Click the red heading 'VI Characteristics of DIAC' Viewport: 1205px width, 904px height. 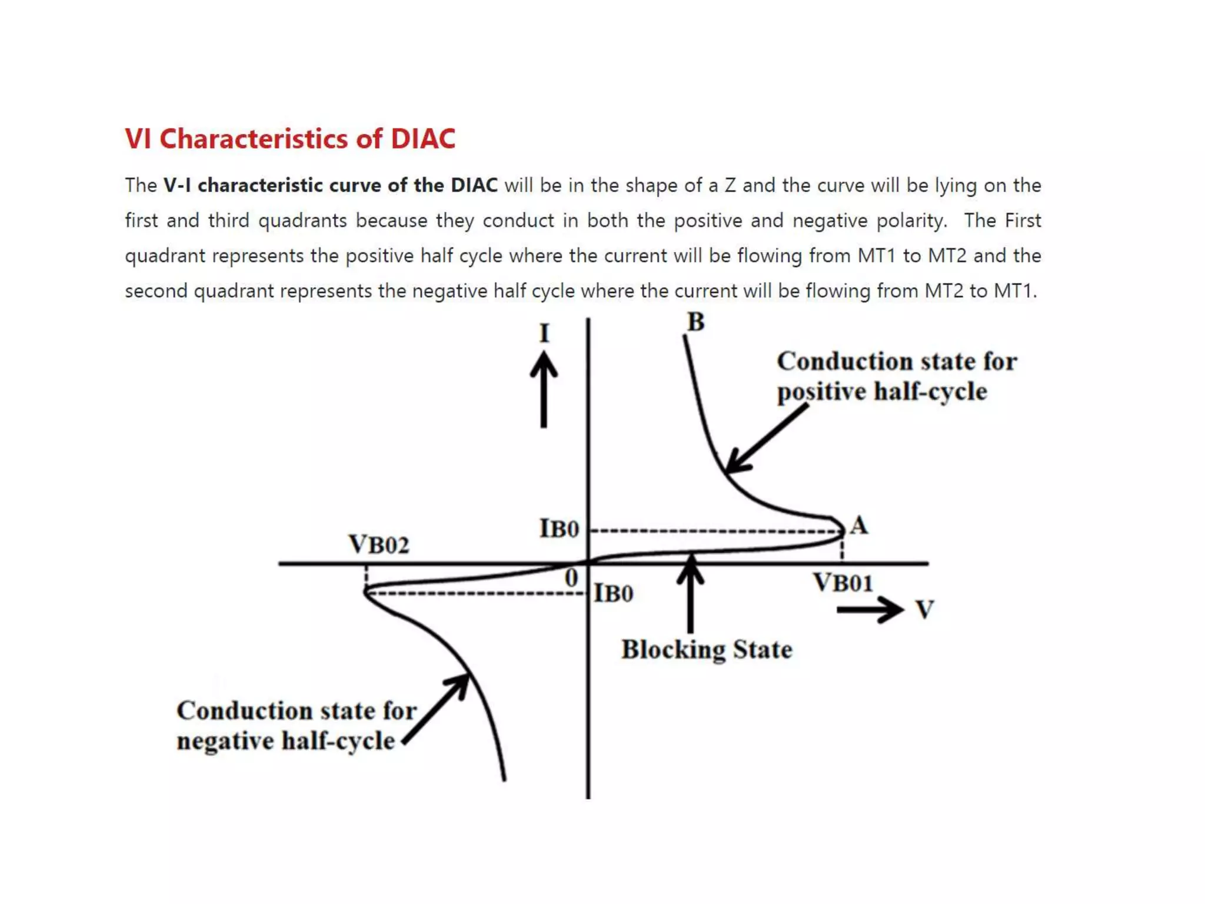290,139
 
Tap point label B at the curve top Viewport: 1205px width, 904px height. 696,322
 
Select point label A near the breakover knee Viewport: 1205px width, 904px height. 859,525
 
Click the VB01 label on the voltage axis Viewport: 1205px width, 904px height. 843,583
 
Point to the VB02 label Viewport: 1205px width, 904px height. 378,544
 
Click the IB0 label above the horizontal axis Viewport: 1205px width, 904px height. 559,529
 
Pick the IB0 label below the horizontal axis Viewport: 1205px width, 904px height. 614,593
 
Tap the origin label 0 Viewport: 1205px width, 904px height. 571,577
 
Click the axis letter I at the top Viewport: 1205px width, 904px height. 544,334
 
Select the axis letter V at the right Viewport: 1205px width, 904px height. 925,609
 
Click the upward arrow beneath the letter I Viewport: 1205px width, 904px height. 544,390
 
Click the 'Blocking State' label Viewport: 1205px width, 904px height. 707,650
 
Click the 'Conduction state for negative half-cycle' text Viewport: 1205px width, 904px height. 296,726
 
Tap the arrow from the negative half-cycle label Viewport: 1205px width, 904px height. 437,709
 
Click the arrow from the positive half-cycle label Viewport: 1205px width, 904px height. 767,439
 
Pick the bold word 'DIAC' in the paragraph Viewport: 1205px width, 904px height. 474,185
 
